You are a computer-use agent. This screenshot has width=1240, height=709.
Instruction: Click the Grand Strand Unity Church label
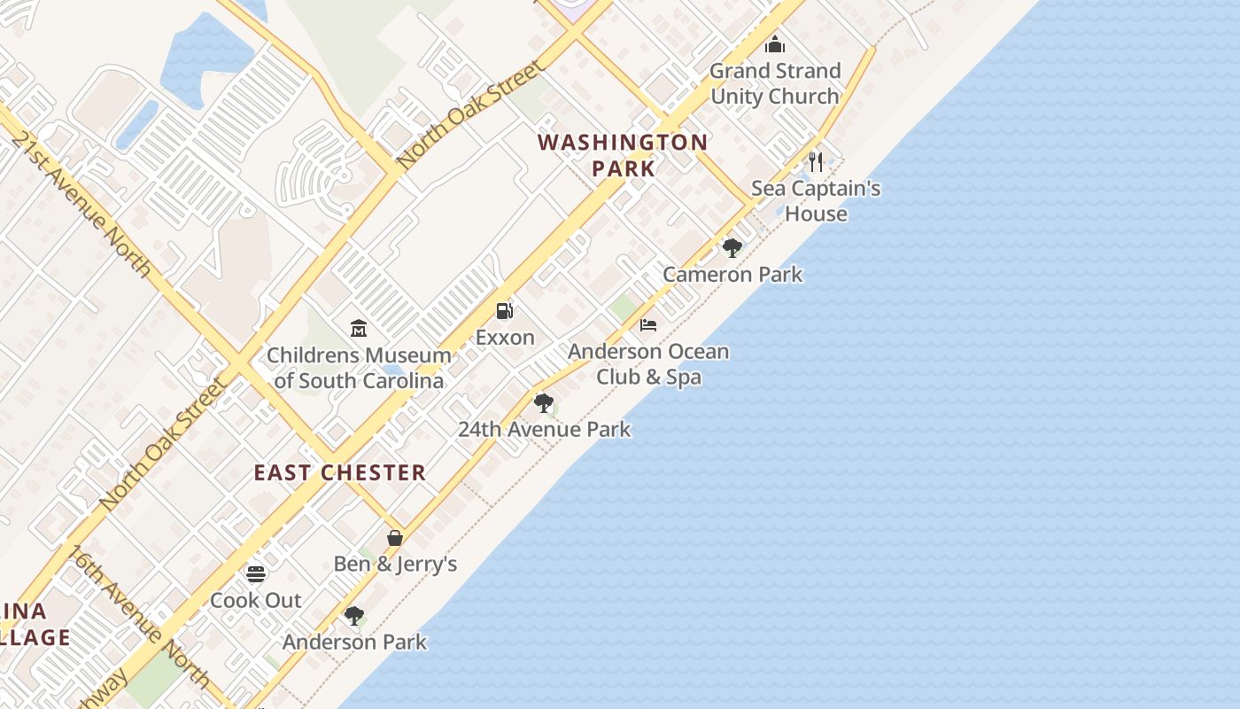[x=775, y=83]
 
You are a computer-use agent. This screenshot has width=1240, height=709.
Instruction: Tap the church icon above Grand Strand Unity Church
[x=775, y=43]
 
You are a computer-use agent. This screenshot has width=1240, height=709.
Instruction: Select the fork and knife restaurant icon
[x=816, y=161]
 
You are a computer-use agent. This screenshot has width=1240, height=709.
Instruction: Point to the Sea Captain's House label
[x=816, y=201]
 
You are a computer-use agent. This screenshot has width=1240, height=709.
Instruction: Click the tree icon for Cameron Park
[x=732, y=247]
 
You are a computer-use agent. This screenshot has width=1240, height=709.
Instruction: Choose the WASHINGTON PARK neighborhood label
[x=623, y=155]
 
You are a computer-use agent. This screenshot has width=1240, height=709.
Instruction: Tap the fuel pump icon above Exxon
[x=505, y=310]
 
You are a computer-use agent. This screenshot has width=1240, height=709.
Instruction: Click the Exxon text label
[x=505, y=338]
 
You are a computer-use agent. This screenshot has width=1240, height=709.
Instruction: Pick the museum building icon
[x=359, y=328]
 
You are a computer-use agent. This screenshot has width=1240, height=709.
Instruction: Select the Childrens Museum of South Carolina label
[x=359, y=368]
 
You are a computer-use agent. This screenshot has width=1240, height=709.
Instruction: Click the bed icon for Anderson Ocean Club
[x=648, y=324]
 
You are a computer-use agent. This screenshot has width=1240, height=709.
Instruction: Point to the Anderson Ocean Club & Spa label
[x=648, y=364]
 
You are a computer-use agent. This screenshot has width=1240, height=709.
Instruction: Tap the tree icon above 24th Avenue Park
[x=544, y=402]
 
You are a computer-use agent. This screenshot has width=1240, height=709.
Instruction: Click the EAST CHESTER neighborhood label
[x=340, y=472]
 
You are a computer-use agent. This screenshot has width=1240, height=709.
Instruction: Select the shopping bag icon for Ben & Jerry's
[x=395, y=537]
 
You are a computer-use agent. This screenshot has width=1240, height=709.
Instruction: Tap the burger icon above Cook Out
[x=256, y=573]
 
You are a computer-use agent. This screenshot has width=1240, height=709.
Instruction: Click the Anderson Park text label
[x=354, y=642]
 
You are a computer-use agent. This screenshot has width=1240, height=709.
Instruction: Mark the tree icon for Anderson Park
[x=354, y=615]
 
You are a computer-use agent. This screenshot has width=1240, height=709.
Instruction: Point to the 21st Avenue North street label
[x=81, y=205]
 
